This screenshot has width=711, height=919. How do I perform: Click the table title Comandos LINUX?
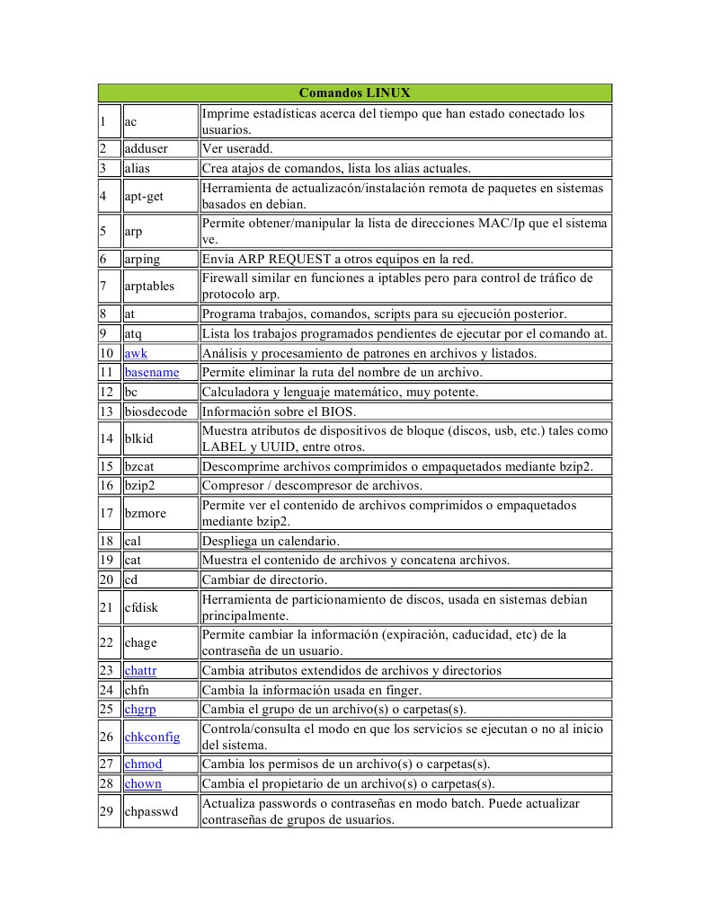pyautogui.click(x=355, y=93)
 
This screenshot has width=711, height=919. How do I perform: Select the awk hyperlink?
pyautogui.click(x=136, y=353)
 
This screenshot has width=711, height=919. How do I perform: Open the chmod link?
pyautogui.click(x=143, y=764)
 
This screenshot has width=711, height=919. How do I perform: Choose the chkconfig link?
pyautogui.click(x=152, y=737)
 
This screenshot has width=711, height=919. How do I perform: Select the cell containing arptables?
pyautogui.click(x=151, y=286)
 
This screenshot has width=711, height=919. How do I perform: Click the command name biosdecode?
pyautogui.click(x=156, y=412)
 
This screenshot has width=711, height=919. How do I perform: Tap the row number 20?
pyautogui.click(x=109, y=579)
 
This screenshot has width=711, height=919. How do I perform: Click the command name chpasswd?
pyautogui.click(x=153, y=810)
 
